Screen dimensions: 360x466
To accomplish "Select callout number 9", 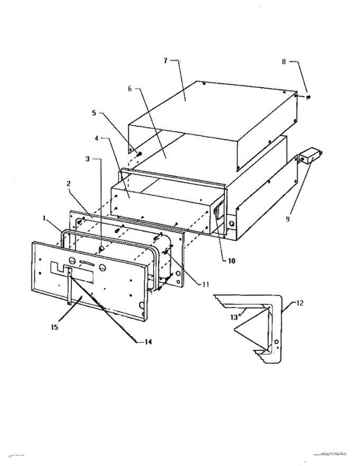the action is coord(288,219).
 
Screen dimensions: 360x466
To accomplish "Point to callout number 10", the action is coord(231,261).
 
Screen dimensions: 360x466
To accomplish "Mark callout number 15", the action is coord(54,327).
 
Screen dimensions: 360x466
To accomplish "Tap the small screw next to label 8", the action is coord(309,97).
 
